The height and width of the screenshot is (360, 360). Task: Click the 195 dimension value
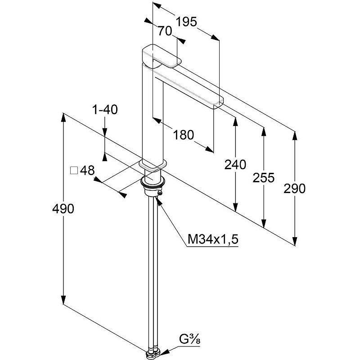pos(187,21)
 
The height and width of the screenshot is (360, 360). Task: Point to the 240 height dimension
pos(235,165)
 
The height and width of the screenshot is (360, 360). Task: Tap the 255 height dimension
pos(264,178)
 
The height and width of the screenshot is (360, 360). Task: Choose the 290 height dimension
pos(295,189)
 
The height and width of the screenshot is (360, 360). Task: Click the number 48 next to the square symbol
pos(87,171)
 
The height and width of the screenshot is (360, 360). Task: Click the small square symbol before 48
pos(74,171)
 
